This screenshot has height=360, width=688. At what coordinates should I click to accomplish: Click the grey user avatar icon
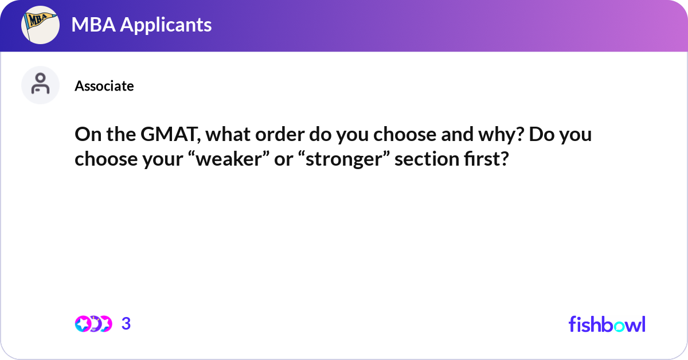pos(41,85)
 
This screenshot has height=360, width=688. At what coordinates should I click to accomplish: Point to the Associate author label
pos(104,86)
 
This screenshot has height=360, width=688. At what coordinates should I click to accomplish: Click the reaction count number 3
pos(126,324)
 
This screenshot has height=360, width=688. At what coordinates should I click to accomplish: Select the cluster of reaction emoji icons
pos(93,324)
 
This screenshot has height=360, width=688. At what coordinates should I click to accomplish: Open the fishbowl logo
pos(607,324)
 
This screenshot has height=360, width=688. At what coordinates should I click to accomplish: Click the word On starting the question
pos(86,136)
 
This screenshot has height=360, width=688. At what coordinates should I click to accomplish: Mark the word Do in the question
pos(542,136)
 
